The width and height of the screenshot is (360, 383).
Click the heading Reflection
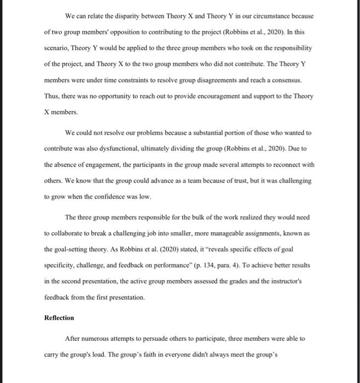pyautogui.click(x=59, y=318)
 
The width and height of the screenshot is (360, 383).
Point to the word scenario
pyautogui.click(x=57, y=48)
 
